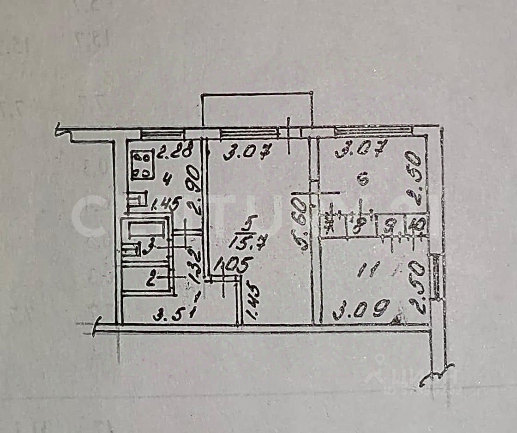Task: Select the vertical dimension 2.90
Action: coord(194,190)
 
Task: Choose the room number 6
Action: coord(363,178)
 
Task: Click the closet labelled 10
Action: coord(418,226)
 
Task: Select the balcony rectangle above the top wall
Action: coord(257,110)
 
